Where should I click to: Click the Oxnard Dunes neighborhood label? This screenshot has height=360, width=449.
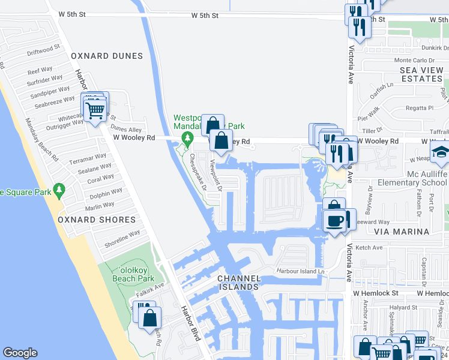[107, 56]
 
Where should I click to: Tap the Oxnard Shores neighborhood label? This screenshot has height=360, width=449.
[97, 220]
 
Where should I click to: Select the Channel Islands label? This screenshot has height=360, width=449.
[239, 283]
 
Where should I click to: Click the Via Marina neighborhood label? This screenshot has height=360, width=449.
[402, 231]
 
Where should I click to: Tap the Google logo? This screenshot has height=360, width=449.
[20, 353]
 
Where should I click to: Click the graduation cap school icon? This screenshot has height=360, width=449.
[441, 153]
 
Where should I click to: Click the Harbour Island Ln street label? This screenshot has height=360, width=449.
[300, 271]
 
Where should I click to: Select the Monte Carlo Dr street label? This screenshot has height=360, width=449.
[414, 61]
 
